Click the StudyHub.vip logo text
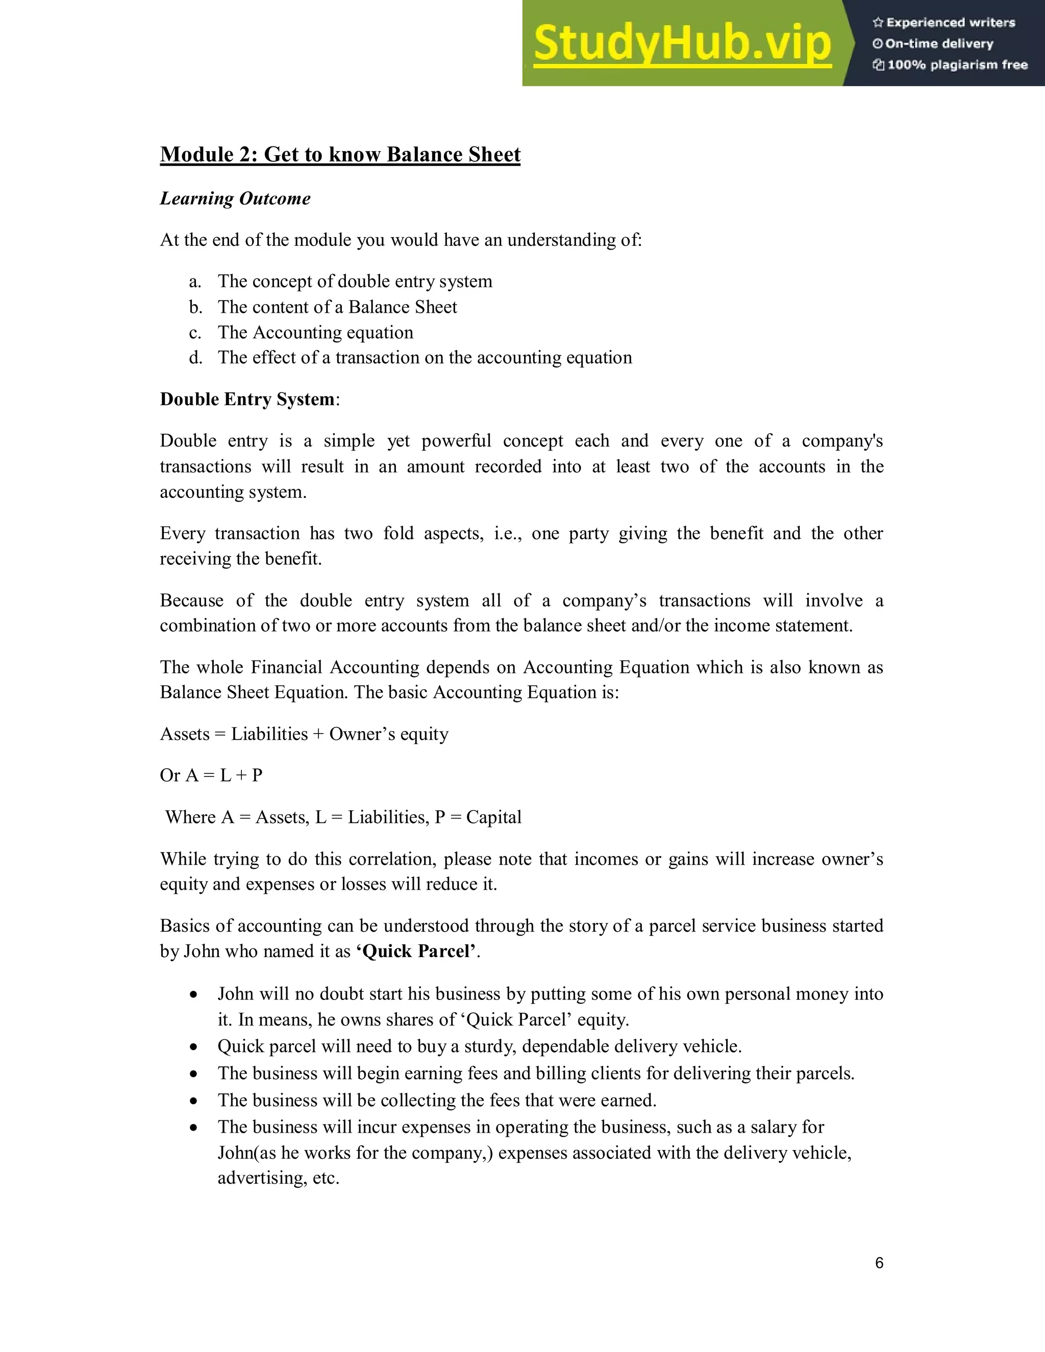coord(682,43)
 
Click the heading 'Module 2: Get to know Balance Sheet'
coord(340,154)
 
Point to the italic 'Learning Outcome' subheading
coord(235,198)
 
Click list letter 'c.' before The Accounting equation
coord(195,333)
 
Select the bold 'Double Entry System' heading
coord(247,399)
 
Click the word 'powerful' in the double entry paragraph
coord(456,441)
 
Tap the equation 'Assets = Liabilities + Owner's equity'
coord(304,734)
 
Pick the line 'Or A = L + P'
coord(211,775)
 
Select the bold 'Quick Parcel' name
coord(418,952)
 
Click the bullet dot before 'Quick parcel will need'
coord(194,1047)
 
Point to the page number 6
coord(879,1263)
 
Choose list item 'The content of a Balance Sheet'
coord(337,307)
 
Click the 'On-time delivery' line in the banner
coord(938,44)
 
